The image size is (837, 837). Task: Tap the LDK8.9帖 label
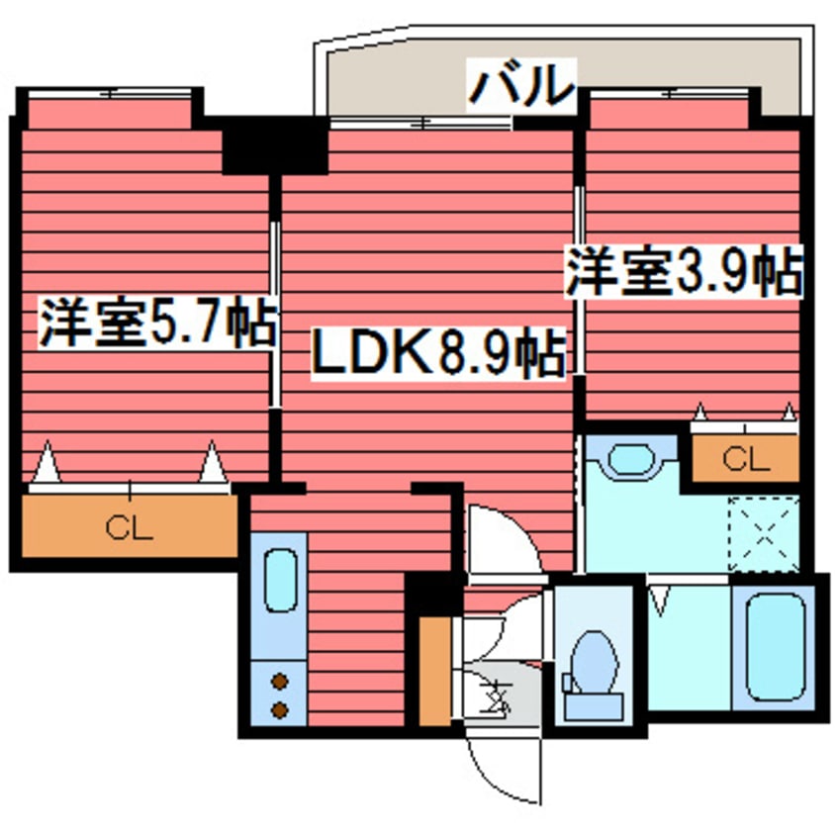pyautogui.click(x=438, y=352)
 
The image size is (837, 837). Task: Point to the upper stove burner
pyautogui.click(x=280, y=681)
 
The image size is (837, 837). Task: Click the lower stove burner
pyautogui.click(x=280, y=708)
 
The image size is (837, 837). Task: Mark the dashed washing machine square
pyautogui.click(x=763, y=532)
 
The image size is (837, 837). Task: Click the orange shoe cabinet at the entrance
pyautogui.click(x=432, y=671)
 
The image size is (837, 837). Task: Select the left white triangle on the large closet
pyautogui.click(x=46, y=466)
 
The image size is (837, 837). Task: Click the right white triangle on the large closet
pyautogui.click(x=212, y=465)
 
